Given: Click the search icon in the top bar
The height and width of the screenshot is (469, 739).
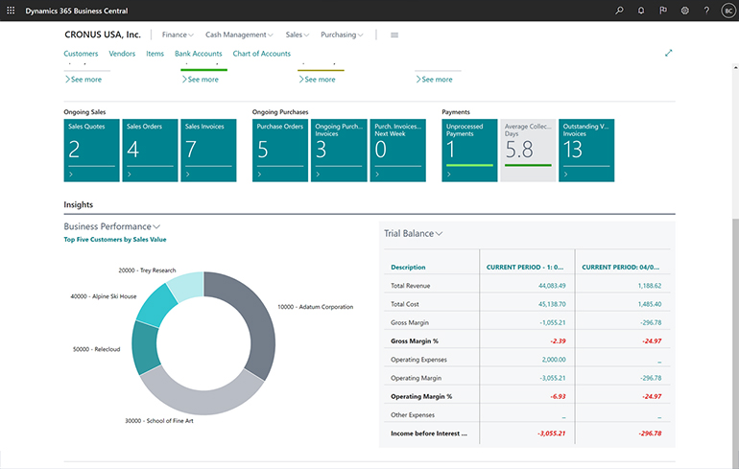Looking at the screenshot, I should (x=619, y=10).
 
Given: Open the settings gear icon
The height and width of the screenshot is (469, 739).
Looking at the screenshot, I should (x=685, y=10).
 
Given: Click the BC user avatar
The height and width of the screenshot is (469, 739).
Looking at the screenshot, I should (x=727, y=10).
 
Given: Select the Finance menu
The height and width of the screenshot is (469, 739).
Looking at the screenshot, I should (x=178, y=35).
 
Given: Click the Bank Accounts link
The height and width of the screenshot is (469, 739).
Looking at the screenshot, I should (x=199, y=54).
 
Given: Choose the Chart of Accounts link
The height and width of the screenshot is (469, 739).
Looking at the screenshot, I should (x=261, y=54).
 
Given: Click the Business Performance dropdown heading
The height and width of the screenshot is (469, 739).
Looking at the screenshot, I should (x=111, y=226).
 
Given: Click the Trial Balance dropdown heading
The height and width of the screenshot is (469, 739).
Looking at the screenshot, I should (x=414, y=233).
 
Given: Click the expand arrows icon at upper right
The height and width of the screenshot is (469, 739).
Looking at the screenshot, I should (x=669, y=54).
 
